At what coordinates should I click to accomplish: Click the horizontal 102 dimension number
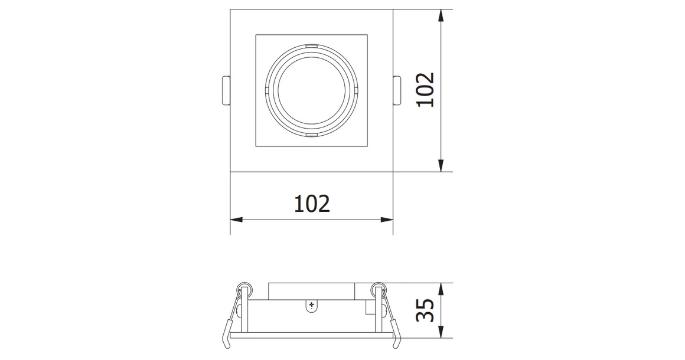pos(312,204)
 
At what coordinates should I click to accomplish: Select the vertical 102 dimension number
pos(425,90)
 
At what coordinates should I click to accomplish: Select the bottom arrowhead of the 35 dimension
pos(441,333)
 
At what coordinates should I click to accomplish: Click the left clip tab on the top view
pos(226,90)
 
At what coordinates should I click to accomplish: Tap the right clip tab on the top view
pos(397,90)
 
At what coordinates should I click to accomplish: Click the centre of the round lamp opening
pos(311,90)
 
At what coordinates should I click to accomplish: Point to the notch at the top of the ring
pos(311,46)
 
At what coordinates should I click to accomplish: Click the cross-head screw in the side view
pos(312,305)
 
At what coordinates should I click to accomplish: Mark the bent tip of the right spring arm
pos(399,342)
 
